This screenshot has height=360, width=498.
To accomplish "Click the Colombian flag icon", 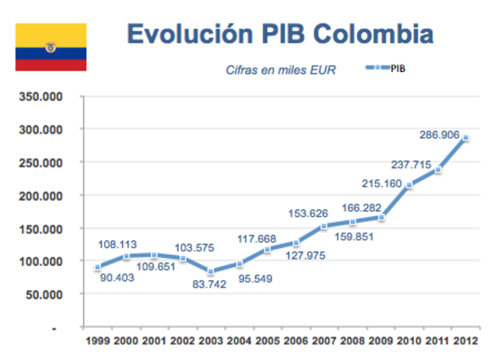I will coord(51,47).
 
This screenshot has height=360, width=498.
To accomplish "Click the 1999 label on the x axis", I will coord(96,341).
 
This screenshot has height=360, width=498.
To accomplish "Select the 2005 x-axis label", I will coord(266,341).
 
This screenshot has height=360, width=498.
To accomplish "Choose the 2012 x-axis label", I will coord(465,341).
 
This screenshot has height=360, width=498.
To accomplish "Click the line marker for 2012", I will coord(465,138).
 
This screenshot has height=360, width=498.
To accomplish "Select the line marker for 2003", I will coord(210,272).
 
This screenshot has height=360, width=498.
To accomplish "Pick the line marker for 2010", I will coord(409,186).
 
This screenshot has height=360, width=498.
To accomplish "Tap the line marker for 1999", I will coord(96,267).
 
